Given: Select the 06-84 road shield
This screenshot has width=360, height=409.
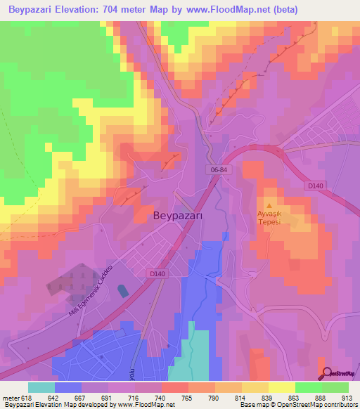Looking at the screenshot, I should (x=218, y=171).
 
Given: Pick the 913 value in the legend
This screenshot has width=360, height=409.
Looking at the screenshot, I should (x=345, y=397).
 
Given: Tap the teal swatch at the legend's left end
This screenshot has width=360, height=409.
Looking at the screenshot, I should (x=41, y=387).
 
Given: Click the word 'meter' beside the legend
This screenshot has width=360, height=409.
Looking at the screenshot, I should (x=8, y=397).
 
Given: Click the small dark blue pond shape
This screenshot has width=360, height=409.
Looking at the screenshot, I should (x=124, y=290).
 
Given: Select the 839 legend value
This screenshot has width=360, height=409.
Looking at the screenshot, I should (x=266, y=397).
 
